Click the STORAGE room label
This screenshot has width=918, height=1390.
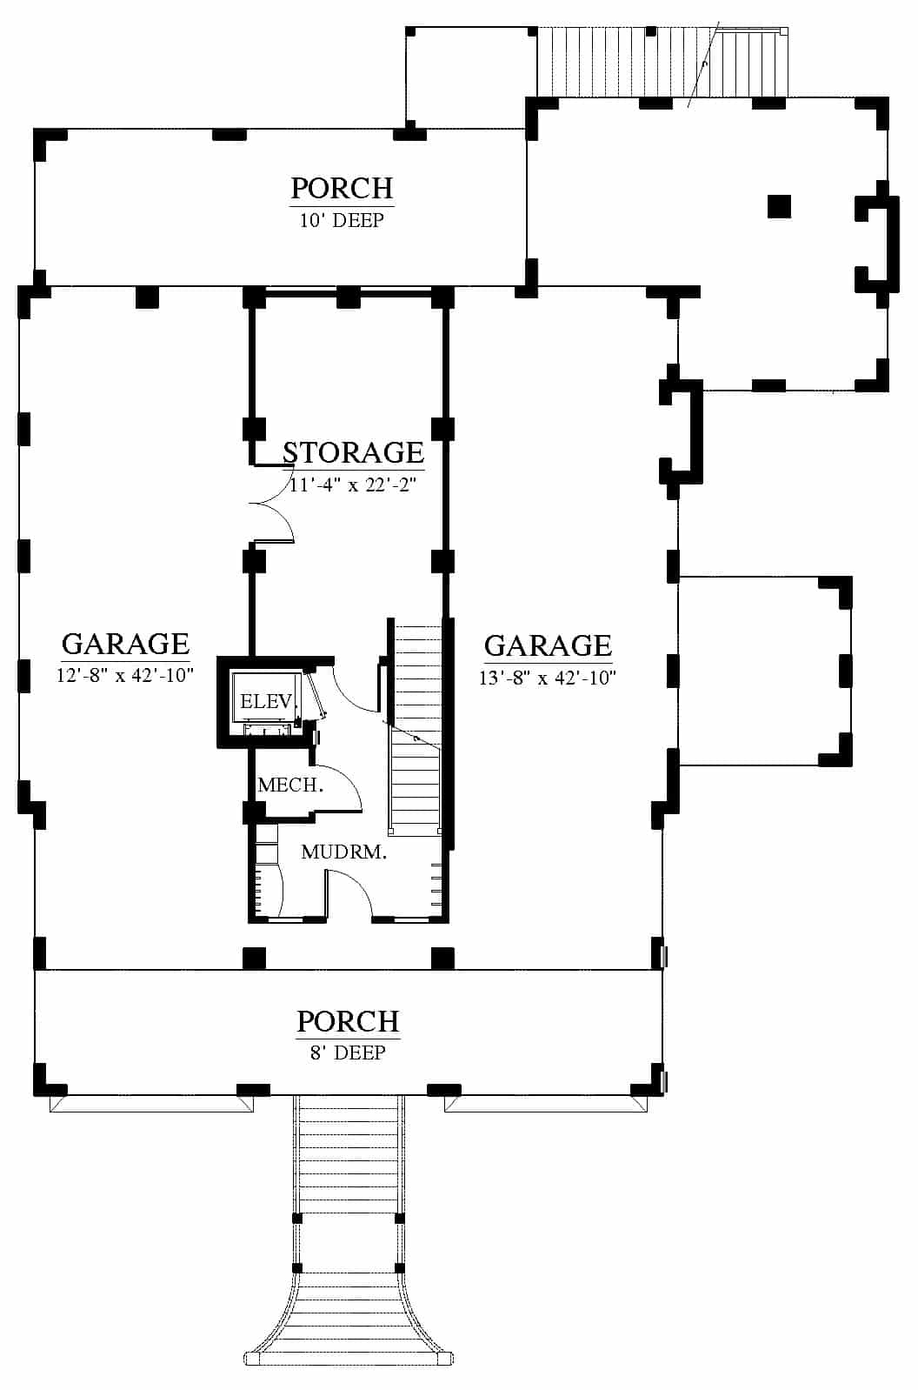pos(353,452)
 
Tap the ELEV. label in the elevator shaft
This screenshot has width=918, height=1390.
pos(267,702)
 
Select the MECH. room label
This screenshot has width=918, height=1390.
pos(290,785)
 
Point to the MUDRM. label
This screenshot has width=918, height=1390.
pos(343,852)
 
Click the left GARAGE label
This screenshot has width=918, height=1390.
pos(125,645)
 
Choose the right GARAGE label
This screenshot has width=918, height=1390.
pos(548,646)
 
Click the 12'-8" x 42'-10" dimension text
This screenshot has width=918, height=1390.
pos(125,675)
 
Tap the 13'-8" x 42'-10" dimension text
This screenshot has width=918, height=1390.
pos(548,677)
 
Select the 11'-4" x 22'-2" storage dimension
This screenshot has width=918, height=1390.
pos(353,484)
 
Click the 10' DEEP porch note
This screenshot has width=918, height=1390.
pos(343,220)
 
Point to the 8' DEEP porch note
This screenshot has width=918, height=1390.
pos(348,1053)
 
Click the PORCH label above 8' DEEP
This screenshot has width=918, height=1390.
pos(348,1022)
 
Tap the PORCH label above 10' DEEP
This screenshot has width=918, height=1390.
pos(343,188)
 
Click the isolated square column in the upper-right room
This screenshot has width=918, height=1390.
pos(779,207)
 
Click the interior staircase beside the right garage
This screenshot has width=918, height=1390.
pos(416,727)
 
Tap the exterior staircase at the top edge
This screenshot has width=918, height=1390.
pos(662,62)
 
